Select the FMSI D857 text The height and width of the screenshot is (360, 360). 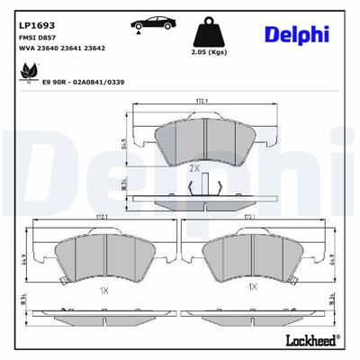tap(35, 38)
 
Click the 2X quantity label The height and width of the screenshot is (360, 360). tap(194, 167)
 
